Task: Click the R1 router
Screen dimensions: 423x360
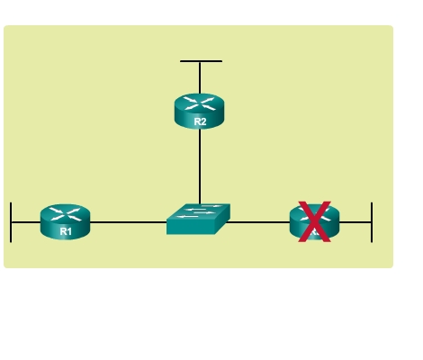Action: pyautogui.click(x=65, y=221)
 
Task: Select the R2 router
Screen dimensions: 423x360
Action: pyautogui.click(x=199, y=112)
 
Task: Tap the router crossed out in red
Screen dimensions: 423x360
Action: pyautogui.click(x=314, y=221)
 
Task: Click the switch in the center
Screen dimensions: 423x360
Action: pyautogui.click(x=198, y=219)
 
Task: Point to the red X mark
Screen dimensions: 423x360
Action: pyautogui.click(x=314, y=221)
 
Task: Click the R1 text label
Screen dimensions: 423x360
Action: pyautogui.click(x=66, y=231)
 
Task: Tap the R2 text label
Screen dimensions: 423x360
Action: pyautogui.click(x=200, y=121)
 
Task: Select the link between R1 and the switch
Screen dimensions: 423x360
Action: pyautogui.click(x=129, y=222)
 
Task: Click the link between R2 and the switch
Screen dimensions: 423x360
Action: pyautogui.click(x=200, y=166)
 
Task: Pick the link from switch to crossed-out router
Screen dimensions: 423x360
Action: pyautogui.click(x=257, y=222)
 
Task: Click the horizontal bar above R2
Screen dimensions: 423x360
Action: pyautogui.click(x=201, y=61)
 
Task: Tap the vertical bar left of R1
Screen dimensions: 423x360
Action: pyautogui.click(x=11, y=222)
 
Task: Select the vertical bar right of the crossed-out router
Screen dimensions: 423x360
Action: pyautogui.click(x=372, y=222)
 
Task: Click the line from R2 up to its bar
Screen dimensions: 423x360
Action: pyautogui.click(x=200, y=78)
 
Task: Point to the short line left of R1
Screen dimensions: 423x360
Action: pyautogui.click(x=26, y=222)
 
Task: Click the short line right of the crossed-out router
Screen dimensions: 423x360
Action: pyautogui.click(x=355, y=222)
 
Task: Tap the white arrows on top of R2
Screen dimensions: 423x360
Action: pyautogui.click(x=199, y=103)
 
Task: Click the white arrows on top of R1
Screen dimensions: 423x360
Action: pyautogui.click(x=65, y=214)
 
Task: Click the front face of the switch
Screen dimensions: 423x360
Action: pyautogui.click(x=191, y=229)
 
